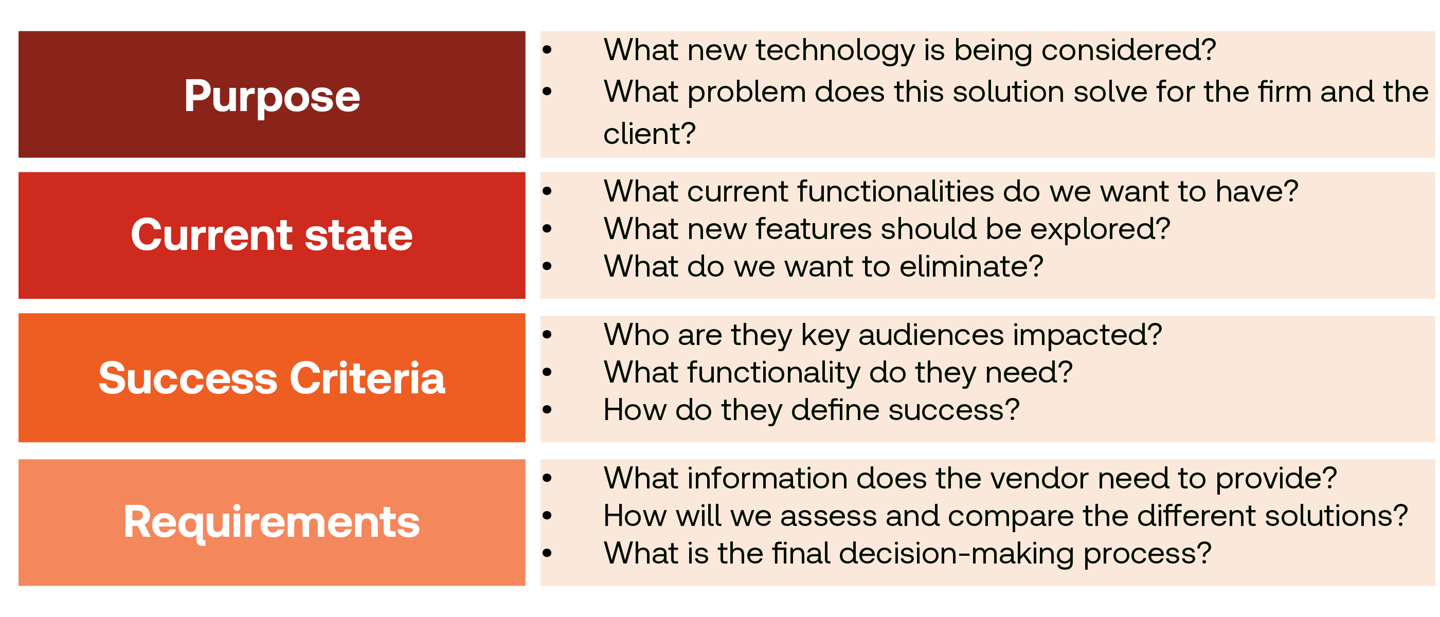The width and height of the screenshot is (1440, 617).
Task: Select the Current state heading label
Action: (272, 235)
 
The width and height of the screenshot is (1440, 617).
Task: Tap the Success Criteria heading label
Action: (272, 378)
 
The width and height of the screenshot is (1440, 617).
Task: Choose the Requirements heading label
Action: (272, 522)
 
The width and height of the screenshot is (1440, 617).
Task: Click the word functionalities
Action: (896, 191)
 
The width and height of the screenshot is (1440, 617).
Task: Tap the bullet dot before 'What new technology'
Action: (547, 50)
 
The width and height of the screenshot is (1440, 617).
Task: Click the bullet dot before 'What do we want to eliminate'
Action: (547, 266)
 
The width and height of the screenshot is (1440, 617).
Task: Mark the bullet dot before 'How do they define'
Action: (547, 410)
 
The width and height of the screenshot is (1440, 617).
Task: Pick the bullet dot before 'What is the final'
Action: (547, 553)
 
